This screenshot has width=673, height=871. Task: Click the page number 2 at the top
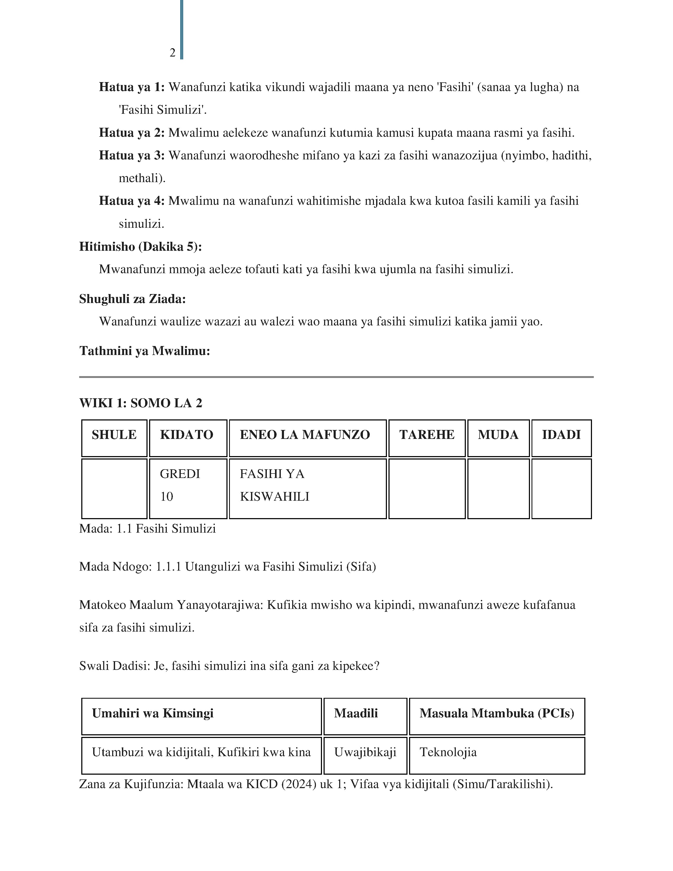point(172,53)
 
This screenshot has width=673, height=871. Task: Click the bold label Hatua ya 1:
point(132,87)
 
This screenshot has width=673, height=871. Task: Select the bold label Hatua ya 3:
point(132,155)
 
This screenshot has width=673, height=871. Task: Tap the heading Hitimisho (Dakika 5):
point(140,247)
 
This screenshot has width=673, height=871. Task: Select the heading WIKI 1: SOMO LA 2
point(141,403)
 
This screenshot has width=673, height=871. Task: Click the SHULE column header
point(114,435)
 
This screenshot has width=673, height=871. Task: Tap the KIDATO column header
point(187,435)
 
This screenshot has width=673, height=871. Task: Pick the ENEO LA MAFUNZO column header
point(305,435)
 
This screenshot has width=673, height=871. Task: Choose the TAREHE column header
point(426,435)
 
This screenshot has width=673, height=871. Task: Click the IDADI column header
point(561,435)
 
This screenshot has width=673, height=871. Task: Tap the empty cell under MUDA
point(498,489)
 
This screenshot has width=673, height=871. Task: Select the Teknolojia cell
point(448,752)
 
